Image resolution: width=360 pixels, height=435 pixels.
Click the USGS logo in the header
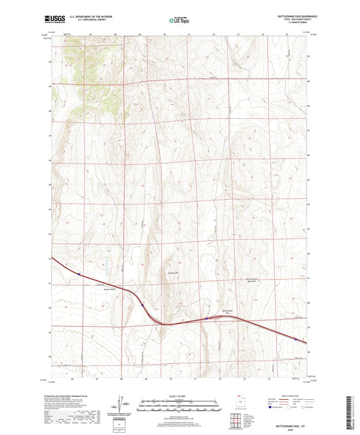click(x=54, y=20)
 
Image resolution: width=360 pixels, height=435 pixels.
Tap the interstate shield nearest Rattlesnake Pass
click(x=207, y=319)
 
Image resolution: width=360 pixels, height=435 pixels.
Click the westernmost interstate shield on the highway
click(x=79, y=274)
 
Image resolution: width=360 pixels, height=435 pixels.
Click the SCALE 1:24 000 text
click(x=179, y=396)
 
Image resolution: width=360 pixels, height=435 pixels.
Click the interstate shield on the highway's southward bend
click(x=143, y=305)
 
